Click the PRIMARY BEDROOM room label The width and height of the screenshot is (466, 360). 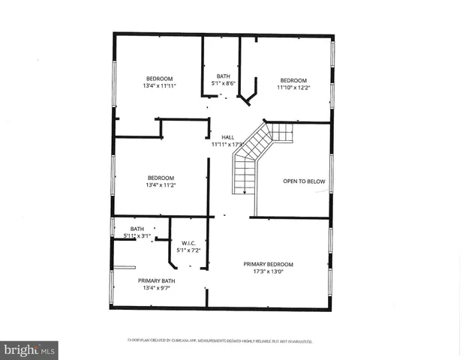(x=268, y=264)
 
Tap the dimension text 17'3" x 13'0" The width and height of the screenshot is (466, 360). (x=268, y=271)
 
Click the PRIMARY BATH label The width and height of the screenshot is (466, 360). (x=156, y=280)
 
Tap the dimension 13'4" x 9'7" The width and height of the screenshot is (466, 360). (x=156, y=288)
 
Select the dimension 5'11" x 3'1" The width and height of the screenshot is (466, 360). (x=137, y=236)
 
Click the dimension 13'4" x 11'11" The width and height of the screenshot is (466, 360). (x=159, y=86)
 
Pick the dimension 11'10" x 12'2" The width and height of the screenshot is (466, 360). (x=293, y=88)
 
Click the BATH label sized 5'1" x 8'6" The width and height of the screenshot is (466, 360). (x=224, y=76)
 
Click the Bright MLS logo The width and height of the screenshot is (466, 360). (x=29, y=349)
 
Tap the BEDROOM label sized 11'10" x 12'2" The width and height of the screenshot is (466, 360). (x=293, y=80)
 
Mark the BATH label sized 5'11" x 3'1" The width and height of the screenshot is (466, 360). (x=137, y=229)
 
